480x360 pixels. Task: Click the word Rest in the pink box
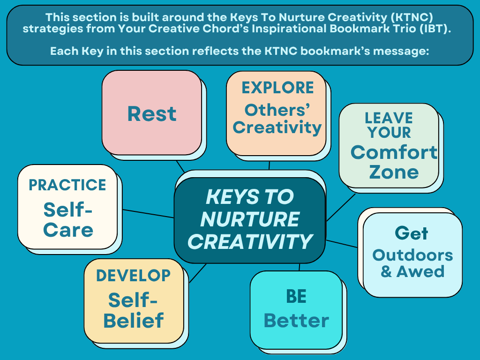[x=152, y=114]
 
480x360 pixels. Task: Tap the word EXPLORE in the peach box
[x=277, y=88]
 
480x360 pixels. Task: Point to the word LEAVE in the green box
[x=389, y=118]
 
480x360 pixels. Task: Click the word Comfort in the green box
[x=394, y=152]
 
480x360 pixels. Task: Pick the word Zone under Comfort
[x=394, y=172]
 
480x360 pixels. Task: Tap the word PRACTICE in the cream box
[x=67, y=185]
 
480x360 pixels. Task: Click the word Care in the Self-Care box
[x=68, y=230]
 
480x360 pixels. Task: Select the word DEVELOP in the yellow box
[x=134, y=276]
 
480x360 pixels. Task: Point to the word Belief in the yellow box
[x=134, y=321]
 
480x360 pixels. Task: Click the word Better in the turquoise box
[x=296, y=321]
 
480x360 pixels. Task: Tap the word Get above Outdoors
[x=411, y=233]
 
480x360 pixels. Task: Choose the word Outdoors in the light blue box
[x=412, y=255]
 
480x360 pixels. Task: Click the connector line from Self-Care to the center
[x=145, y=212]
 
